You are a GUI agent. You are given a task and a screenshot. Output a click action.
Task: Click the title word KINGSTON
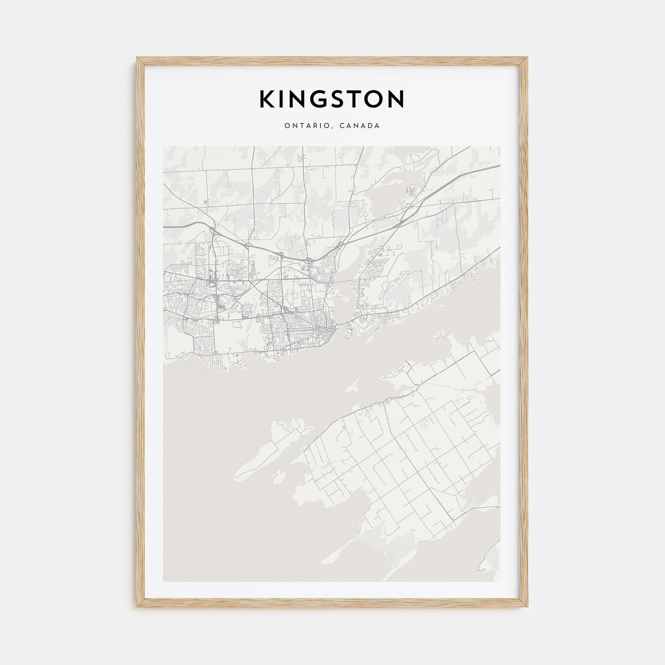[x=332, y=99]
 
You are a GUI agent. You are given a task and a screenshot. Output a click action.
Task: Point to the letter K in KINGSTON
[x=267, y=99]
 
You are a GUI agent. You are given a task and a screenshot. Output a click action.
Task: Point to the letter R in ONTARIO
[x=312, y=126]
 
